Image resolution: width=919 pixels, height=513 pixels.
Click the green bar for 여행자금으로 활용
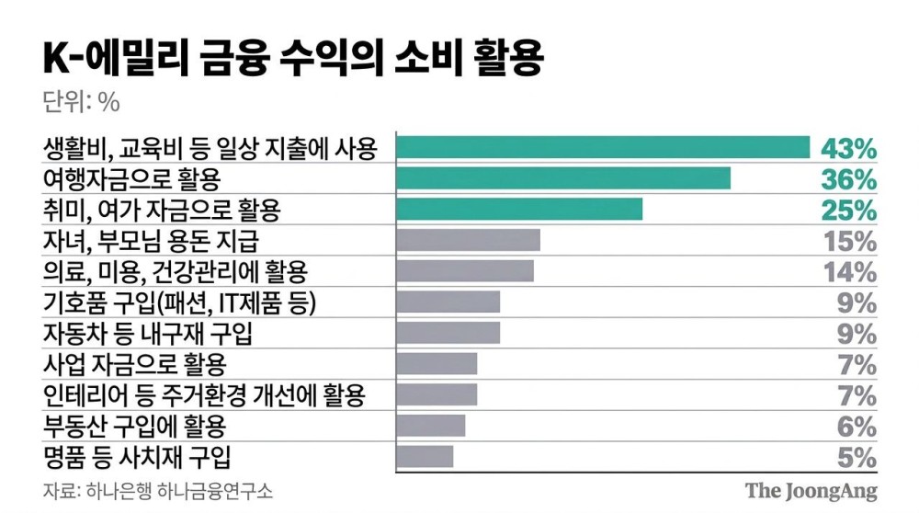pyautogui.click(x=563, y=178)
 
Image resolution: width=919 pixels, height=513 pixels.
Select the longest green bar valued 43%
pyautogui.click(x=603, y=147)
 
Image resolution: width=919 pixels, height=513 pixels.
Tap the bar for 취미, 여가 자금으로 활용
pyautogui.click(x=519, y=210)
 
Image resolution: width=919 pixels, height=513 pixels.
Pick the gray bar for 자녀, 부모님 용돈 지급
pyautogui.click(x=468, y=241)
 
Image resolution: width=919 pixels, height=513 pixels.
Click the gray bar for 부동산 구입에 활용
pyautogui.click(x=431, y=426)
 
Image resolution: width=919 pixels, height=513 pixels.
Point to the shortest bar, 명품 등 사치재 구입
pyautogui.click(x=425, y=456)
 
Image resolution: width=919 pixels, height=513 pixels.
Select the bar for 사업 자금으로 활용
pyautogui.click(x=437, y=364)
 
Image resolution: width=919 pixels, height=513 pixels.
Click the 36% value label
pyautogui.click(x=847, y=179)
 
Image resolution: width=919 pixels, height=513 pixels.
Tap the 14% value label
pyautogui.click(x=847, y=272)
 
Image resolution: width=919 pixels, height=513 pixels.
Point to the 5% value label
pyautogui.click(x=857, y=457)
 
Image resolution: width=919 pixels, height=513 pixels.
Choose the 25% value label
pyautogui.click(x=847, y=211)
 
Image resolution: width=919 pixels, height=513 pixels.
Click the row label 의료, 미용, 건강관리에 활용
pyautogui.click(x=176, y=271)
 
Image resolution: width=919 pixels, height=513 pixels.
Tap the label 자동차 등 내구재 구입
pyautogui.click(x=147, y=333)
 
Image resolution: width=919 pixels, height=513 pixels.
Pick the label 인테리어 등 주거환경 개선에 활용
pyautogui.click(x=204, y=395)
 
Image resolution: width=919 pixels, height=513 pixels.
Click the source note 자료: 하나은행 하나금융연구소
pyautogui.click(x=158, y=489)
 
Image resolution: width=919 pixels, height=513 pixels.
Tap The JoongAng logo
pyautogui.click(x=811, y=490)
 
